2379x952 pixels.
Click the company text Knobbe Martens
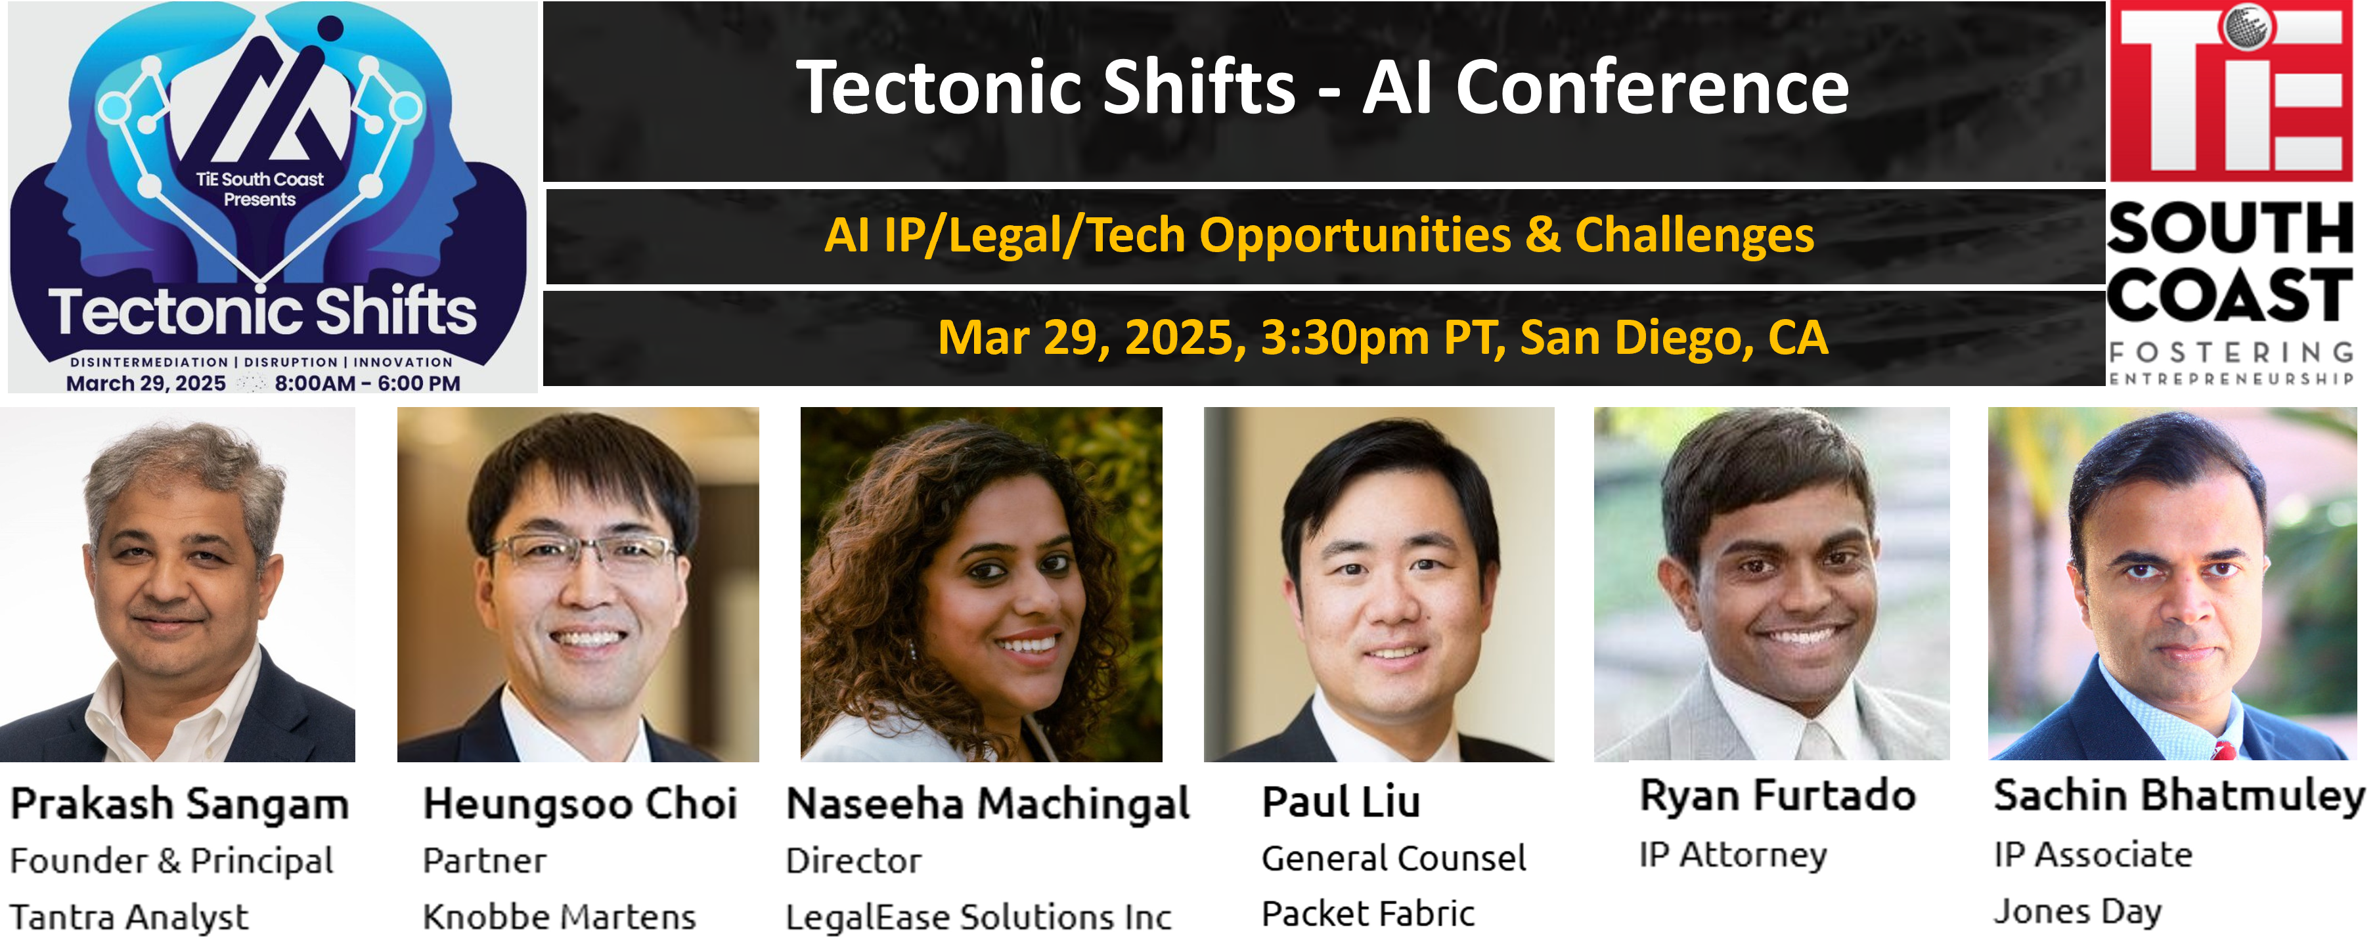coord(559,917)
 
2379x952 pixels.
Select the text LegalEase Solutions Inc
coord(978,917)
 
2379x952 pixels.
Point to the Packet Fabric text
coord(1367,914)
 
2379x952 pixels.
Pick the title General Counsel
coord(1394,859)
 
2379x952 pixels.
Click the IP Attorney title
coord(1733,855)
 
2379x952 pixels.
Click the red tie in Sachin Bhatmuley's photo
coord(2224,749)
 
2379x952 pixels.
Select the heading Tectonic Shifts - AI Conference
coord(1322,88)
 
